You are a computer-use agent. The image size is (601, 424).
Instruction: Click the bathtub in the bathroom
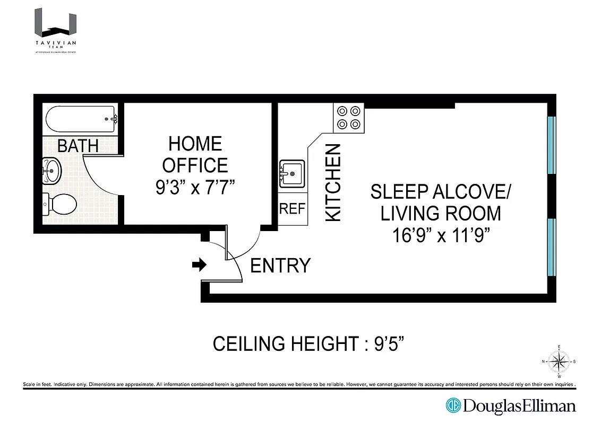pyautogui.click(x=81, y=120)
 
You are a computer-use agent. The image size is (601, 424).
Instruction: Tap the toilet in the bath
pyautogui.click(x=61, y=204)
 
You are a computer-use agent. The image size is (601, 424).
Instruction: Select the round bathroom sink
pyautogui.click(x=53, y=171)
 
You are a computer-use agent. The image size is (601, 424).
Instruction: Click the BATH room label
pyautogui.click(x=78, y=146)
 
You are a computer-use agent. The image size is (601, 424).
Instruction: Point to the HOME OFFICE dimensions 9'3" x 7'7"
pyautogui.click(x=195, y=188)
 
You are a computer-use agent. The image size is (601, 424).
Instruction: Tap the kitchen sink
pyautogui.click(x=291, y=173)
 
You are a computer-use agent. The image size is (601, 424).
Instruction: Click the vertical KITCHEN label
pyautogui.click(x=333, y=182)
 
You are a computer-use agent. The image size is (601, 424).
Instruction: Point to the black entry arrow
pyautogui.click(x=200, y=265)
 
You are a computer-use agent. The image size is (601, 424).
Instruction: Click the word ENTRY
pyautogui.click(x=280, y=266)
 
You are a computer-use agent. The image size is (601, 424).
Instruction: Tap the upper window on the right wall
pyautogui.click(x=551, y=145)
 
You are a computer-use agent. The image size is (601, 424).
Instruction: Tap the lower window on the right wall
pyautogui.click(x=551, y=247)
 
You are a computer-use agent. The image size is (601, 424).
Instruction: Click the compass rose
pyautogui.click(x=558, y=361)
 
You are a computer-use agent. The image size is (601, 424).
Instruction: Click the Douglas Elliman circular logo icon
pyautogui.click(x=453, y=406)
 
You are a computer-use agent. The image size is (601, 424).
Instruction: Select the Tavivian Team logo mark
pyautogui.click(x=56, y=23)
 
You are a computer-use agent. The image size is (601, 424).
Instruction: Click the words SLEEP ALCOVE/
pyautogui.click(x=440, y=192)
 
